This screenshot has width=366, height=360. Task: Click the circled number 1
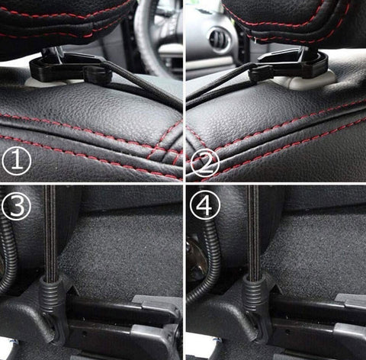pos(17,160)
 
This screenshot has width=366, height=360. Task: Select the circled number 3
pos(16,205)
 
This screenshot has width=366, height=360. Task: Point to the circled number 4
pos(205,205)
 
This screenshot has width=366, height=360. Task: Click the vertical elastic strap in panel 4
pos(253,232)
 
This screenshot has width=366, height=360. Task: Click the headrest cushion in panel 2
pos(295,21)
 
